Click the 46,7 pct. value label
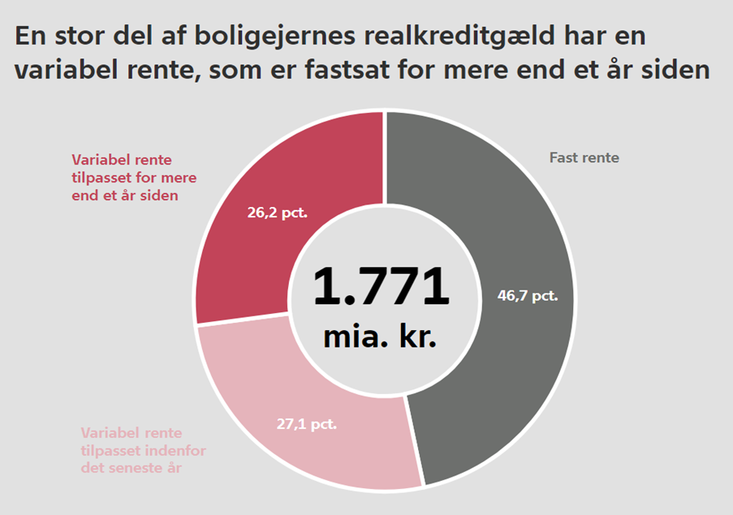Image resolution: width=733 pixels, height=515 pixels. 528,296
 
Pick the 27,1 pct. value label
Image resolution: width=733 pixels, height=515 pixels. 305,423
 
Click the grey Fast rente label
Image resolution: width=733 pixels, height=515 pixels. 584,158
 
